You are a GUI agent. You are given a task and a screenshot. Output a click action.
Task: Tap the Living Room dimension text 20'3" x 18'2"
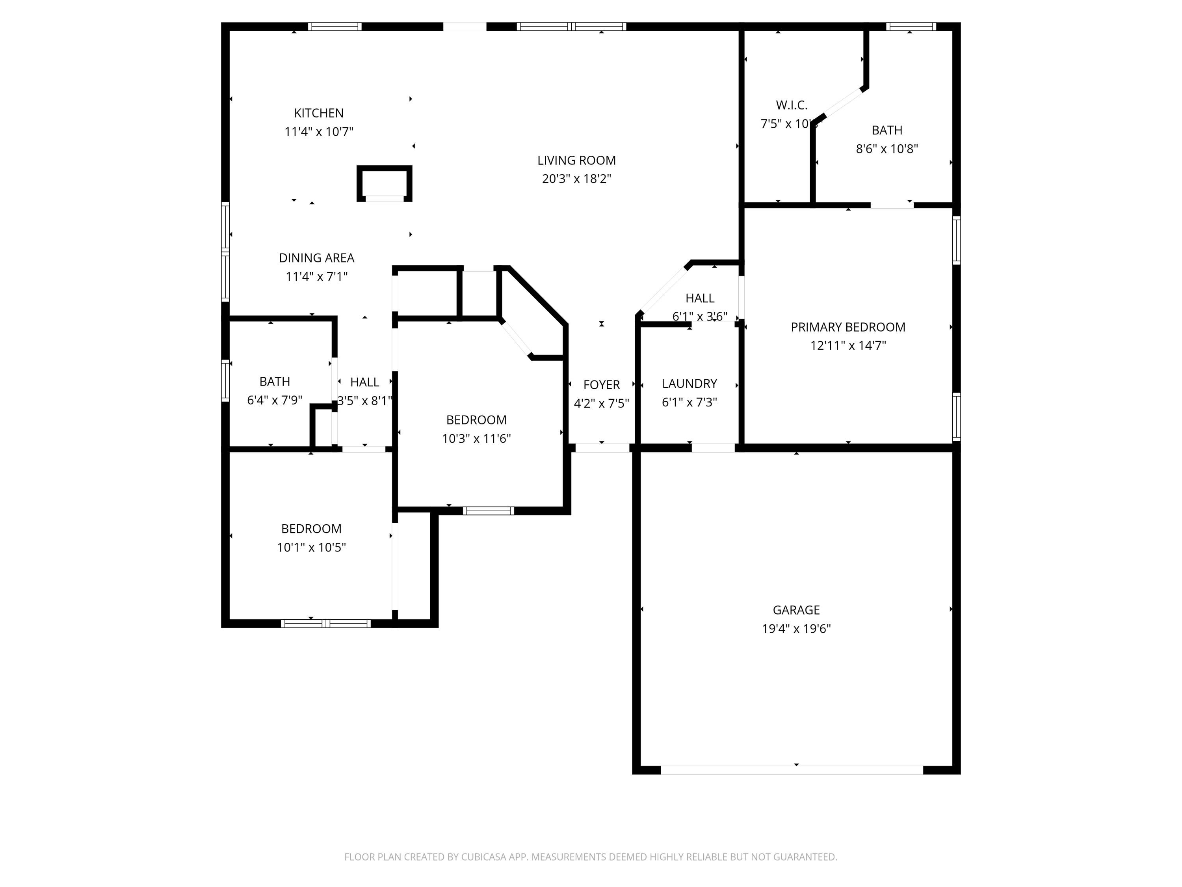pyautogui.click(x=576, y=179)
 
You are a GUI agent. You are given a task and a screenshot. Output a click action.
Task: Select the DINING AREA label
pyautogui.click(x=316, y=258)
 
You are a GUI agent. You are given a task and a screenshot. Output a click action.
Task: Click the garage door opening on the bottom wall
pyautogui.click(x=792, y=770)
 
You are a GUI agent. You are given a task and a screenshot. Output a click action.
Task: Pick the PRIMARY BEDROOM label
pyautogui.click(x=847, y=327)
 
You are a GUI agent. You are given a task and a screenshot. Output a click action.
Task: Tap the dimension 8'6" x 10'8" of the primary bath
pyautogui.click(x=886, y=149)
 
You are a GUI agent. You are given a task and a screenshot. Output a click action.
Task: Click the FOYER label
pyautogui.click(x=601, y=384)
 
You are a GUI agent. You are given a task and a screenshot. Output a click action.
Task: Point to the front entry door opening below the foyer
pyautogui.click(x=602, y=448)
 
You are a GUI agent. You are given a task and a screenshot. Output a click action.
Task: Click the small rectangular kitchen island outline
pyautogui.click(x=384, y=183)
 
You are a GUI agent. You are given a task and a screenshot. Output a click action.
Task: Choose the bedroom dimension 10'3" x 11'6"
pyautogui.click(x=476, y=438)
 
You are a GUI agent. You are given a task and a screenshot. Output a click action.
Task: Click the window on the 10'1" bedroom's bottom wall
pyautogui.click(x=325, y=623)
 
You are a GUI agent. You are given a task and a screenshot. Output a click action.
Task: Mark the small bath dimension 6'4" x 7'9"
pyautogui.click(x=274, y=400)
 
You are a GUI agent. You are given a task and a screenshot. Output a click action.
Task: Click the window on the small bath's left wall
pyautogui.click(x=225, y=381)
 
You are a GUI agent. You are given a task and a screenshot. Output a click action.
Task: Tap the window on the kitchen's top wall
pyautogui.click(x=335, y=26)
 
